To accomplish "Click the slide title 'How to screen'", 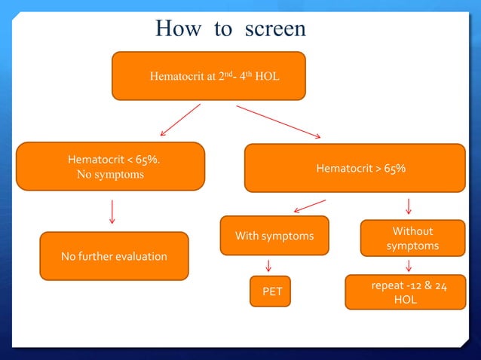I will pyautogui.click(x=230, y=29).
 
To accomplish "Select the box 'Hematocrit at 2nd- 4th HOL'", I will pyautogui.click(x=209, y=76).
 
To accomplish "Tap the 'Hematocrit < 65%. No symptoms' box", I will pyautogui.click(x=110, y=166).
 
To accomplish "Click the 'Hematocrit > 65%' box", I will pyautogui.click(x=355, y=169).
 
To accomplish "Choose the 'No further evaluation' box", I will pyautogui.click(x=114, y=256).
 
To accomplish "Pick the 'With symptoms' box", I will pyautogui.click(x=274, y=236).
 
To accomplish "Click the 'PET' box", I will pyautogui.click(x=271, y=291).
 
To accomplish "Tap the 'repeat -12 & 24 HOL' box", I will pyautogui.click(x=406, y=292).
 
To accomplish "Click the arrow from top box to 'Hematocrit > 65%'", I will pyautogui.click(x=278, y=121).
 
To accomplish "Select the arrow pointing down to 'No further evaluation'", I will pyautogui.click(x=112, y=211).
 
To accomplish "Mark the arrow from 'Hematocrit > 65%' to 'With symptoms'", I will pyautogui.click(x=309, y=206).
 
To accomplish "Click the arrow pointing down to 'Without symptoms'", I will pyautogui.click(x=409, y=206).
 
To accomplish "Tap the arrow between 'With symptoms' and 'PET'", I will pyautogui.click(x=268, y=266).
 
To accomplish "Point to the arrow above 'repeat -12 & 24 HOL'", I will pyautogui.click(x=409, y=265).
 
